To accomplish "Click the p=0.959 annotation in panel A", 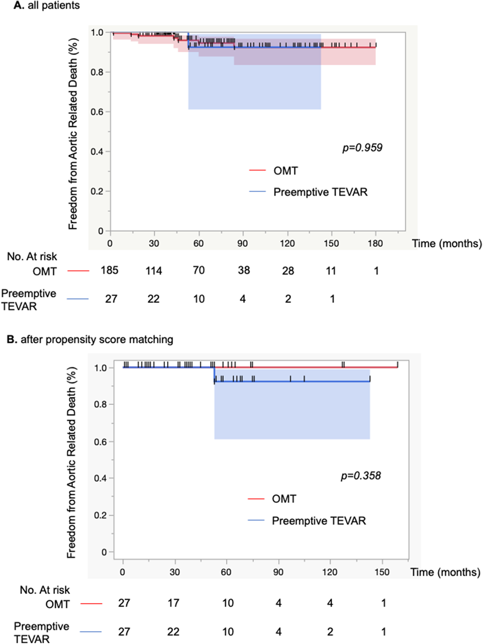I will [x=362, y=148].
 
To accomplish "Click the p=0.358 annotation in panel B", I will [x=361, y=476].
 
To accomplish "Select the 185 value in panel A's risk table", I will [x=109, y=270].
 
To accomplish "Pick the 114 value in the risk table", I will [x=154, y=271].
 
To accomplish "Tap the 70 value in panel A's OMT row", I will [x=199, y=270].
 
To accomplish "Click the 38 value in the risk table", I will [x=244, y=270].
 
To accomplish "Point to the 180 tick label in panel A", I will [x=375, y=244].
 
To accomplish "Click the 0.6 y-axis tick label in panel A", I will [x=97, y=112].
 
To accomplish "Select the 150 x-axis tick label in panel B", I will [x=382, y=572].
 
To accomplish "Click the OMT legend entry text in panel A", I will [x=285, y=171].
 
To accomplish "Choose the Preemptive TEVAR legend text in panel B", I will [x=319, y=521].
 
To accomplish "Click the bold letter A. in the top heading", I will [x=18, y=5].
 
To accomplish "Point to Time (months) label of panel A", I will [x=446, y=244].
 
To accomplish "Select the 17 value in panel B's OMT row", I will [x=173, y=603].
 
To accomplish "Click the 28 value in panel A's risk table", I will [x=288, y=271].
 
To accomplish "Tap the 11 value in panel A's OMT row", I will [x=331, y=271].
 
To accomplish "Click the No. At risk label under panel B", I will [x=45, y=590].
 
